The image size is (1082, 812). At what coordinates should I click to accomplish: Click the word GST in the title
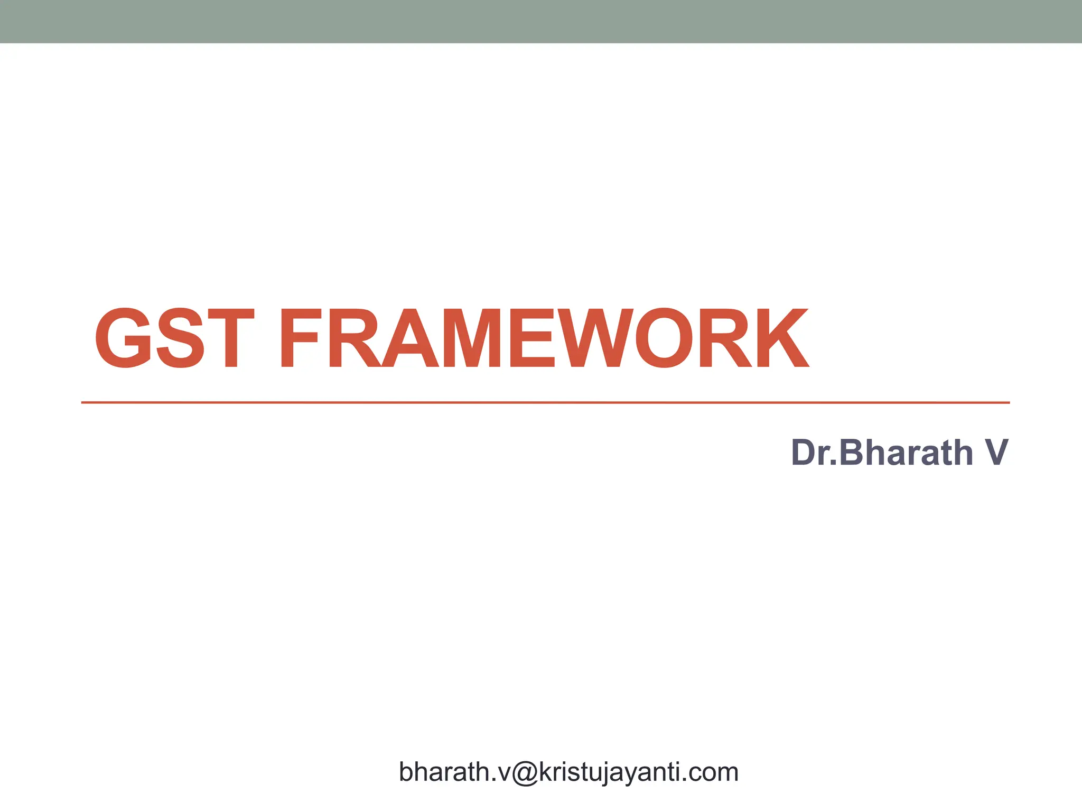pyautogui.click(x=174, y=338)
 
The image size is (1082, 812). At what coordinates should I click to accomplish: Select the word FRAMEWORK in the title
pyautogui.click(x=544, y=338)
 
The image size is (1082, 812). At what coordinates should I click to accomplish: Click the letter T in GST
pyautogui.click(x=231, y=338)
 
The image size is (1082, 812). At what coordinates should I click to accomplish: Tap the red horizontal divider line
pyautogui.click(x=544, y=402)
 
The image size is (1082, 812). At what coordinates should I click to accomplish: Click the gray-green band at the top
pyautogui.click(x=541, y=21)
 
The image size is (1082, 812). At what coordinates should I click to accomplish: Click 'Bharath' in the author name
pyautogui.click(x=906, y=453)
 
